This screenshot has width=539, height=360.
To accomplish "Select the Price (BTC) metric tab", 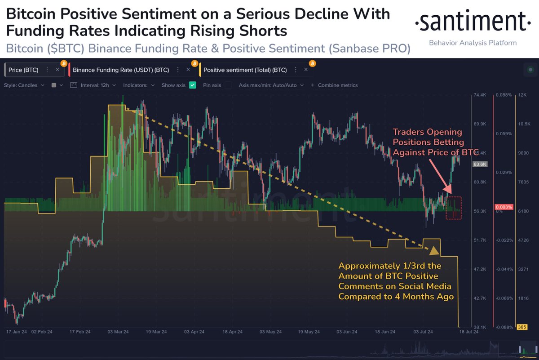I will (x=23, y=70).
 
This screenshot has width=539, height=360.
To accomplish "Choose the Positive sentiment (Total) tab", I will (x=245, y=70).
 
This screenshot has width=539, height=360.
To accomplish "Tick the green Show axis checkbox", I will (x=193, y=85).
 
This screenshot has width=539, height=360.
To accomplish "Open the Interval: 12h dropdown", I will (x=95, y=85).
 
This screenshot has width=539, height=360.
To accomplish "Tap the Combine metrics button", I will (x=337, y=85).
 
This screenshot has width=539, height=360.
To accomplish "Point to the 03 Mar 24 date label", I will (x=118, y=331).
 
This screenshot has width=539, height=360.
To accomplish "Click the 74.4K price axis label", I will (x=480, y=95).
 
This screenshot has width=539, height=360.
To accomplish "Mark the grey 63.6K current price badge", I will (x=480, y=164).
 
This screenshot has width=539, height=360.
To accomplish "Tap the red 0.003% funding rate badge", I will (x=503, y=207).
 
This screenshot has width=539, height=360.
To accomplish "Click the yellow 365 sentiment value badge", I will (x=522, y=327).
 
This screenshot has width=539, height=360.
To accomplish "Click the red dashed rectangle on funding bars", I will (x=454, y=208).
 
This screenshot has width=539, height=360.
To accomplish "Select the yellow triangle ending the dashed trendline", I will (x=434, y=250).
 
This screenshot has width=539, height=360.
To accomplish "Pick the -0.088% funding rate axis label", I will (x=503, y=327).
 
